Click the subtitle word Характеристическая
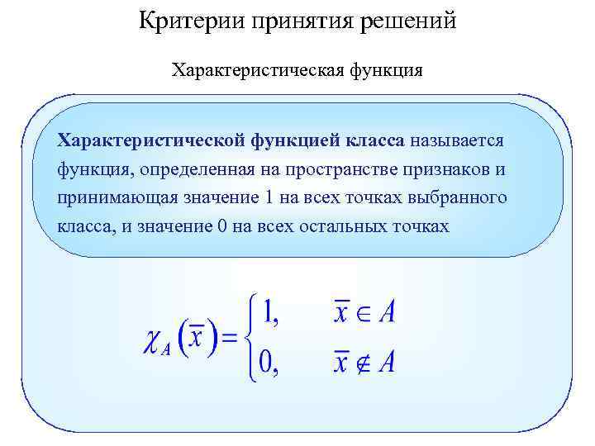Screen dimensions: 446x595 pyautogui.click(x=252, y=70)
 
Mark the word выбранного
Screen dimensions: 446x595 pyautogui.click(x=466, y=199)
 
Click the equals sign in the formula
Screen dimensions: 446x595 pyautogui.click(x=231, y=339)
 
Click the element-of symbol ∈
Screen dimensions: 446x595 pyautogui.click(x=363, y=312)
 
